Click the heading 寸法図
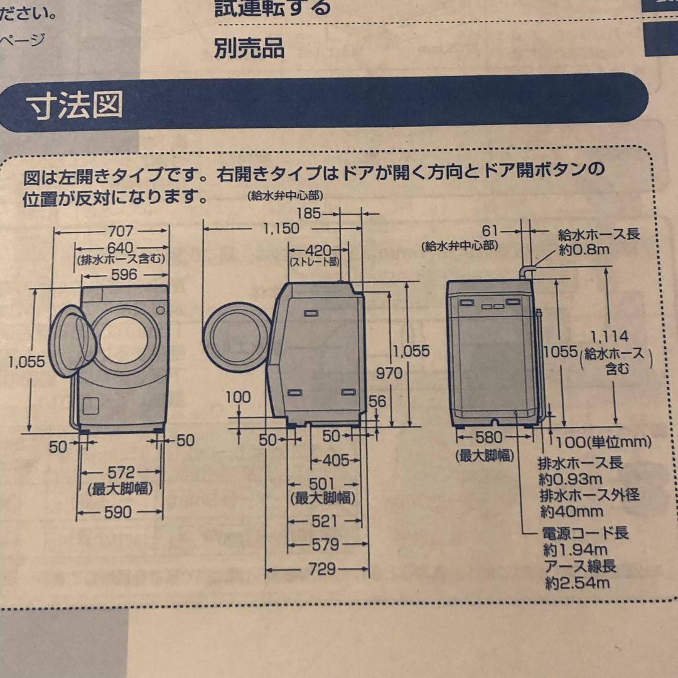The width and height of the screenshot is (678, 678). point(75,107)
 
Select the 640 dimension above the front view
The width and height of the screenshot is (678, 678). point(120,248)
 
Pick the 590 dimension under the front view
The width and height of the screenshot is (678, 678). point(117,512)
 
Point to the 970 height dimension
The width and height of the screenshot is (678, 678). point(389,373)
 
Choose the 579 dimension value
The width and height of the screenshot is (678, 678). point(325,544)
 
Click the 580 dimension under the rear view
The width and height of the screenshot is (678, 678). point(488,437)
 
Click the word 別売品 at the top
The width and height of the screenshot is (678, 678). point(249,48)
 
